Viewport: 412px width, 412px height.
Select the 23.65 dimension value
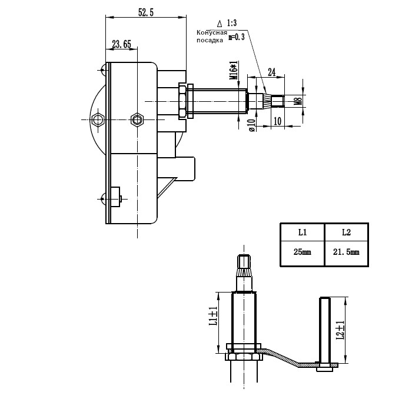click(x=121, y=44)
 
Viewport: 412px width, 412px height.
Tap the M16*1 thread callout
click(x=234, y=70)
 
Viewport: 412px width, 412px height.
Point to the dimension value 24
click(x=271, y=72)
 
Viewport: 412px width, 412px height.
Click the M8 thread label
click(x=298, y=101)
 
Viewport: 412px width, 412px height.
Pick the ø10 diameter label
click(x=251, y=125)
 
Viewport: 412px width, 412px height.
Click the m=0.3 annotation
click(x=235, y=37)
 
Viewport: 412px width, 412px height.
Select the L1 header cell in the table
click(x=301, y=232)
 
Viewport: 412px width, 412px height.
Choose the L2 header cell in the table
click(x=346, y=232)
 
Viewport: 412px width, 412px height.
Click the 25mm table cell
click(x=301, y=252)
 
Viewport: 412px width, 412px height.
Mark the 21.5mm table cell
click(x=346, y=252)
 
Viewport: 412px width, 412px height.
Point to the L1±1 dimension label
click(x=213, y=317)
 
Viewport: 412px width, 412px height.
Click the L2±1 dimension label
click(x=340, y=330)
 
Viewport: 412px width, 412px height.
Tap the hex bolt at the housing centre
click(x=137, y=120)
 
